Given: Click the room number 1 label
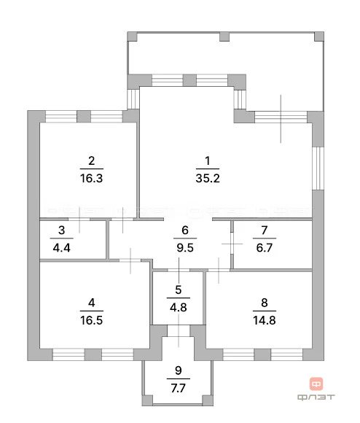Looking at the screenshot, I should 207,160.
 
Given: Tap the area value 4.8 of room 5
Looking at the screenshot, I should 179,306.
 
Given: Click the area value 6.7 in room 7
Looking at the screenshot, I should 260,247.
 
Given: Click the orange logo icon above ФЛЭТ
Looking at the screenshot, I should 316,383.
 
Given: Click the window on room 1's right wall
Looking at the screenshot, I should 318,168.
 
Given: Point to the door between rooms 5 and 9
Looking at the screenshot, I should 178,332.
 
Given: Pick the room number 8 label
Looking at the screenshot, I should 260,302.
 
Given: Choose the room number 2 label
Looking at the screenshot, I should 91,160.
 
